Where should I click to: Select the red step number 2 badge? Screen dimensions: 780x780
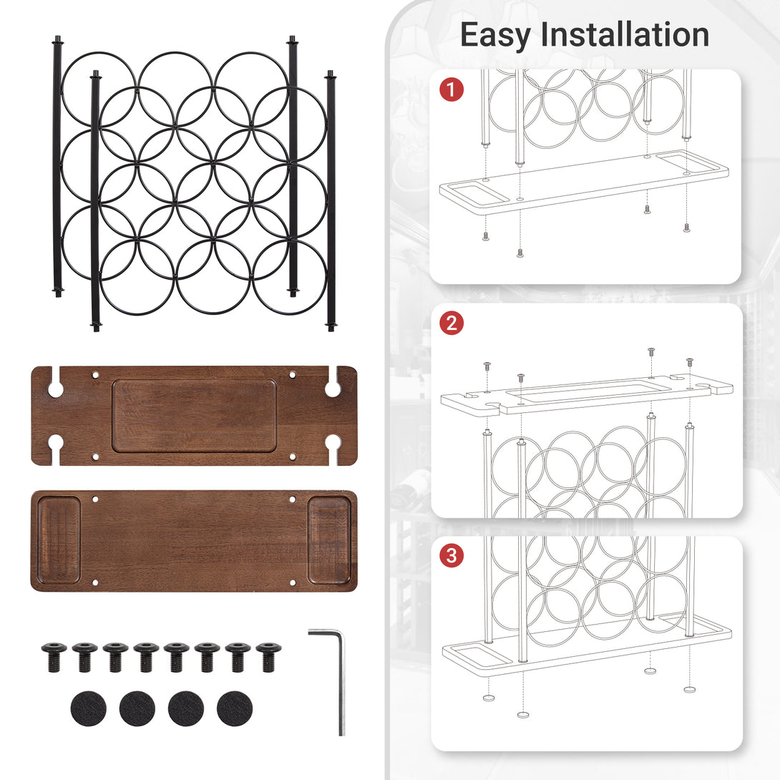pyautogui.click(x=452, y=323)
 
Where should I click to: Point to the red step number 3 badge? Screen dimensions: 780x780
pyautogui.click(x=452, y=555)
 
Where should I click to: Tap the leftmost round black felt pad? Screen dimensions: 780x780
pyautogui.click(x=89, y=708)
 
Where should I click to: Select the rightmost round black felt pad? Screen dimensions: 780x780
pyautogui.click(x=235, y=708)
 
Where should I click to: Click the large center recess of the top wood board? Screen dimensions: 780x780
pyautogui.click(x=194, y=415)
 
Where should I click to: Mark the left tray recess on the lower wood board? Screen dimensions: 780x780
pyautogui.click(x=59, y=540)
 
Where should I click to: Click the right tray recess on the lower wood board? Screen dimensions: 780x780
pyautogui.click(x=329, y=540)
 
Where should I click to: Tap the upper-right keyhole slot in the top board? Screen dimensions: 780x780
pyautogui.click(x=332, y=386)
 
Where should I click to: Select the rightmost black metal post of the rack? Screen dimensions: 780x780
pyautogui.click(x=331, y=200)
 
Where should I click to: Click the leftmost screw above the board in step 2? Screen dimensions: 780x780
pyautogui.click(x=487, y=366)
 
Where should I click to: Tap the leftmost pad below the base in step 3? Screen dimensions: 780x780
pyautogui.click(x=489, y=696)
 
